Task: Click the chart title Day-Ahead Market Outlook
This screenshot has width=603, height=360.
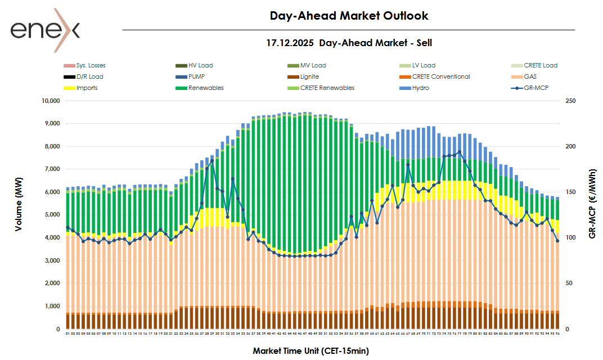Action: tap(349, 16)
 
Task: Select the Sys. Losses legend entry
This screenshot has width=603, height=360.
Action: tap(91, 65)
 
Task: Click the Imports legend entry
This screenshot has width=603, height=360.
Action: tap(87, 88)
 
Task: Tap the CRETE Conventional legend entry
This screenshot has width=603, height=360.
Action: tap(440, 76)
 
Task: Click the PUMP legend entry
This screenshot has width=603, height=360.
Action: tap(197, 76)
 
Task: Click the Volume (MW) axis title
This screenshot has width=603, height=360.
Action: tap(19, 214)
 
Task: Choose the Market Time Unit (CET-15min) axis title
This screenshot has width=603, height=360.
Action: tap(310, 350)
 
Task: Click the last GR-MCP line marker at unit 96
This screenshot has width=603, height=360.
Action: tap(557, 241)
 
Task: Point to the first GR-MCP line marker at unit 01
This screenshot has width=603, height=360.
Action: tap(67, 228)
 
